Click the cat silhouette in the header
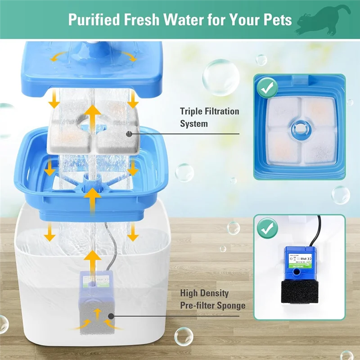(x=321, y=19)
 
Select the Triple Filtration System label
(x=209, y=117)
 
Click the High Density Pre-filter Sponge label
(x=213, y=299)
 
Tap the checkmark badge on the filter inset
(x=268, y=88)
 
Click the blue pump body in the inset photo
(x=298, y=260)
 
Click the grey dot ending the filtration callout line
(x=129, y=133)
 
